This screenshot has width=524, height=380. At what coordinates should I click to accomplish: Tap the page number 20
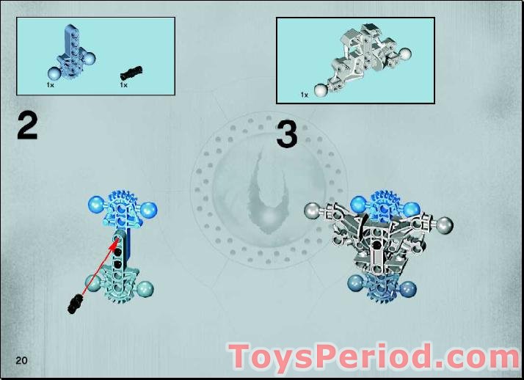20,359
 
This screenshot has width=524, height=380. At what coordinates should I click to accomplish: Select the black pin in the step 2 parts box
132,71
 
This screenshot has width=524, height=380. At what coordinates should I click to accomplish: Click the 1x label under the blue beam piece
50,86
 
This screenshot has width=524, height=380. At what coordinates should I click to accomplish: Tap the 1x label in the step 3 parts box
304,95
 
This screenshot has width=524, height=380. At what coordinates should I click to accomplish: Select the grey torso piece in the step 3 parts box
360,58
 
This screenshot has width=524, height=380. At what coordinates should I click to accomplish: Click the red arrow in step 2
98,271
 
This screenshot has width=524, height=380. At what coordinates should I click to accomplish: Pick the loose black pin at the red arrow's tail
75,302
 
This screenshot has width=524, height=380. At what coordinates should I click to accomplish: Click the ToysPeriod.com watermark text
374,357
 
